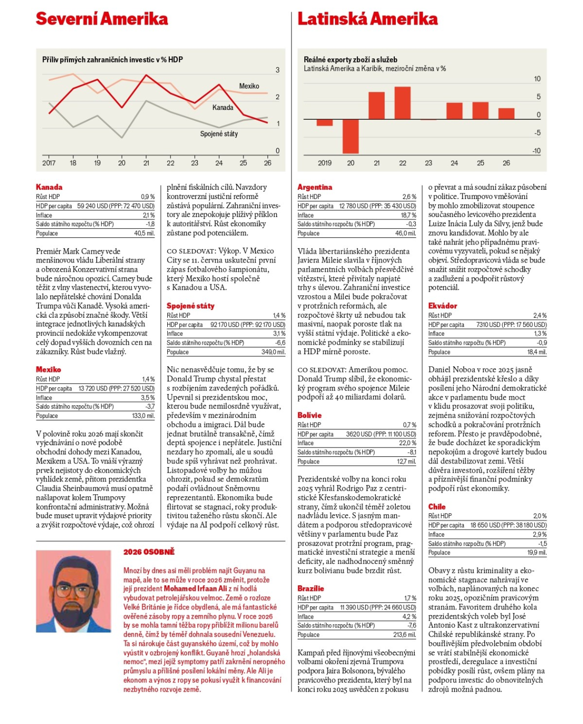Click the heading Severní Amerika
(102, 19)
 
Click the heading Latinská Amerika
(367, 19)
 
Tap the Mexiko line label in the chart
(249, 86)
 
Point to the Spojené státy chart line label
(219, 134)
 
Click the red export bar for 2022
(402, 103)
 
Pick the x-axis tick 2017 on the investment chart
(49, 163)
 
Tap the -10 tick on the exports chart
(536, 151)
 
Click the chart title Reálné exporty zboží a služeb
(350, 59)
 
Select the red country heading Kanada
(49, 187)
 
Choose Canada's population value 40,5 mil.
(144, 233)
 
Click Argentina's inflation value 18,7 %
(408, 215)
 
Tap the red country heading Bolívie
(309, 415)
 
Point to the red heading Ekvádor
(442, 306)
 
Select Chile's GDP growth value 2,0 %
(540, 516)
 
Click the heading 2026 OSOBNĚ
(149, 552)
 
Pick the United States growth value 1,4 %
(279, 316)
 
